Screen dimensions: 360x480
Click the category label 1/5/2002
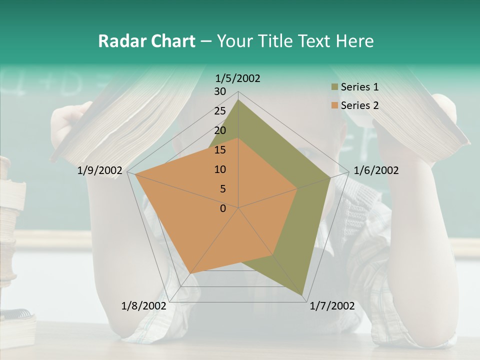238,78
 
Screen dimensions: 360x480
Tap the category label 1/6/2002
376,170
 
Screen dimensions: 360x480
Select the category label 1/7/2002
332,306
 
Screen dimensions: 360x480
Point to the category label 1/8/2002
144,306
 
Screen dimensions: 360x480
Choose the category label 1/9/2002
100,170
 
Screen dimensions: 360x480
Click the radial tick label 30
220,91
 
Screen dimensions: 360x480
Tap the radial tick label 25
220,111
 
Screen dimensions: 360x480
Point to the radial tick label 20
220,130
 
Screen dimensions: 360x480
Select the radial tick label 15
220,150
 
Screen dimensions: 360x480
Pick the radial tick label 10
220,169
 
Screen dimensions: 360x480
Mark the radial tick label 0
223,208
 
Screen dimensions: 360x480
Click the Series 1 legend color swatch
334,87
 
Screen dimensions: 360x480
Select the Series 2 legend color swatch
334,105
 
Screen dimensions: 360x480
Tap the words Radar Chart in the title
146,41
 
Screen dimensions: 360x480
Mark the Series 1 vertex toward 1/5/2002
238,100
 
